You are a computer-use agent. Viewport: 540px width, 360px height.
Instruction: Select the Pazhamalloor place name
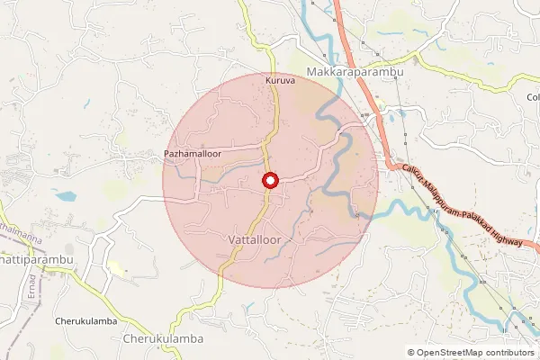[x=192, y=155]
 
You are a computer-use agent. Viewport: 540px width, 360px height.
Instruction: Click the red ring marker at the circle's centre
[x=269, y=181]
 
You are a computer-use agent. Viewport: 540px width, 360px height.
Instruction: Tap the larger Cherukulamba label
[x=162, y=339]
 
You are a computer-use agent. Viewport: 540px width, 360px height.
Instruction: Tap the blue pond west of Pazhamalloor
[x=65, y=193]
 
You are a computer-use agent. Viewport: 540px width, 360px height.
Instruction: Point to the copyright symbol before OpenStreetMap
[x=411, y=352]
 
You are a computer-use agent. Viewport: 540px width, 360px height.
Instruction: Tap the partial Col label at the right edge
[x=533, y=96]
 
